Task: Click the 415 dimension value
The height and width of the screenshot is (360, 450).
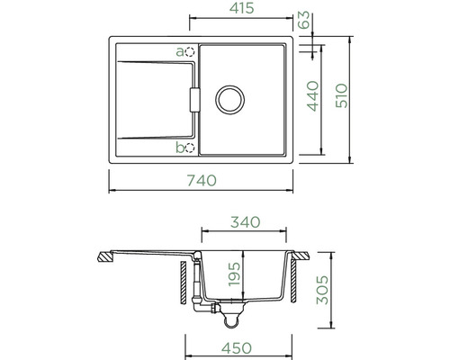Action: tap(242, 8)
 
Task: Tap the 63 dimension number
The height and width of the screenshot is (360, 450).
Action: tap(304, 20)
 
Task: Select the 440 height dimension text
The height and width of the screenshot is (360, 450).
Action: tap(312, 96)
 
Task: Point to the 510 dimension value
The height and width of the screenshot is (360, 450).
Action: tap(342, 96)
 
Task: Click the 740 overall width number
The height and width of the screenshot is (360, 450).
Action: tap(202, 180)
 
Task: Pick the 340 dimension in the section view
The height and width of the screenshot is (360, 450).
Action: tap(245, 222)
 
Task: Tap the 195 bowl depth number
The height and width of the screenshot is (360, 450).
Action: tap(234, 274)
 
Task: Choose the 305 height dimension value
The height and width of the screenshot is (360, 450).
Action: tap(323, 290)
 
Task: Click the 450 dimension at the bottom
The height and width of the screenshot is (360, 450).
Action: tap(237, 348)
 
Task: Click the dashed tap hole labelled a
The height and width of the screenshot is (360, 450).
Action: tap(190, 52)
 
